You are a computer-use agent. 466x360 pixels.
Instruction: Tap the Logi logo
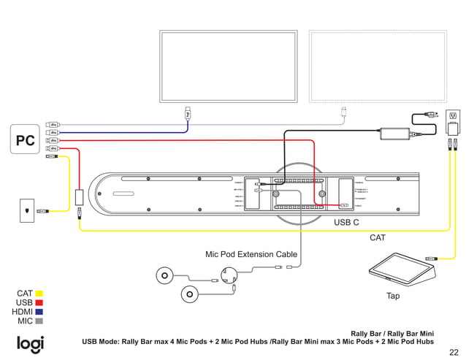(30, 344)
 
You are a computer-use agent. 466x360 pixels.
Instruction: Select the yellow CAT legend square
(39, 294)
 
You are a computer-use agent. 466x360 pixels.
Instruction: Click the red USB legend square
(39, 302)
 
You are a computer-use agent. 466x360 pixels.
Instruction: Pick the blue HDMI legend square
(39, 312)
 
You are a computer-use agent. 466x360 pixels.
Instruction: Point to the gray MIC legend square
(39, 321)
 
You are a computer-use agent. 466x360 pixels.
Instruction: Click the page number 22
(454, 351)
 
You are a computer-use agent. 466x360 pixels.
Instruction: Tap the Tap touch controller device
(401, 269)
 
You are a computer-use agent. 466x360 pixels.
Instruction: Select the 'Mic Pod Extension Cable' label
(251, 254)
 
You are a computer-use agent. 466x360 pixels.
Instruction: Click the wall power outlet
(453, 116)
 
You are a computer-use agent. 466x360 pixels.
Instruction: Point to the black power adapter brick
(394, 134)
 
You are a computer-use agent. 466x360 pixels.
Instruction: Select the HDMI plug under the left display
(188, 113)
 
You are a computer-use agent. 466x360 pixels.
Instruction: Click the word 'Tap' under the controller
(393, 296)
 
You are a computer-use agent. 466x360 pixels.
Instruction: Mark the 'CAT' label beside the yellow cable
(377, 238)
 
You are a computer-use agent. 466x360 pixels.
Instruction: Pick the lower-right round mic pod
(189, 294)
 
